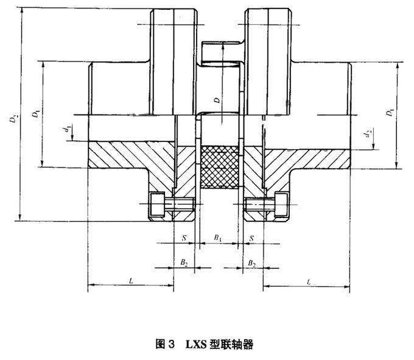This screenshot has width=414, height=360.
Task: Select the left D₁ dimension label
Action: tap(36, 113)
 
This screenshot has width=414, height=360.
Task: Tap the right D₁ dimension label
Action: tap(390, 112)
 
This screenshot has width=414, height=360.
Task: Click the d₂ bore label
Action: tap(368, 135)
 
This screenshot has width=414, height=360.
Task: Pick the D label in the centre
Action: tap(217, 100)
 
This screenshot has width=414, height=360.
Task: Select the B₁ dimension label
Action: tap(217, 238)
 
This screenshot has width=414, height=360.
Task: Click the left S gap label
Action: tap(184, 238)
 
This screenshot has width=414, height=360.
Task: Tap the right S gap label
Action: tap(251, 239)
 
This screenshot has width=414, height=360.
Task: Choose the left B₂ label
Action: tap(184, 263)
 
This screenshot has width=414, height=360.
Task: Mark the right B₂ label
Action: tap(252, 263)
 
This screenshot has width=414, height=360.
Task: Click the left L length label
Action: tap(132, 281)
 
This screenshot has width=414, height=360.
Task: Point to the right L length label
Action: tap(309, 282)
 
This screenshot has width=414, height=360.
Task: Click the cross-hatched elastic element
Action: tap(220, 167)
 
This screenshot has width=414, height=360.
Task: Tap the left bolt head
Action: tap(157, 205)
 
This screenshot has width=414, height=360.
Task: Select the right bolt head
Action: tap(281, 205)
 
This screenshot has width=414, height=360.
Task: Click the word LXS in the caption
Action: tap(195, 344)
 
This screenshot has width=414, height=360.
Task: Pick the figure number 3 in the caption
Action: tap(171, 344)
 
